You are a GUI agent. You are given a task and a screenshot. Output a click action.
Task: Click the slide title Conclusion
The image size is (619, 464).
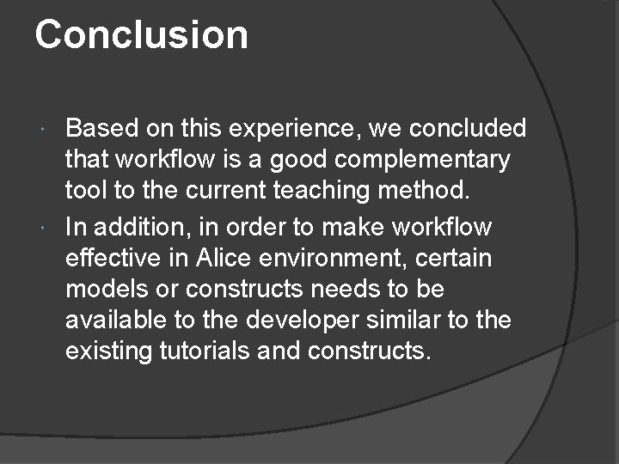142,35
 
